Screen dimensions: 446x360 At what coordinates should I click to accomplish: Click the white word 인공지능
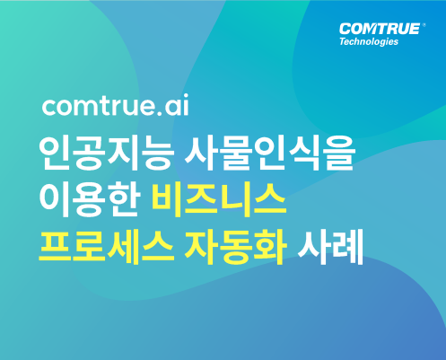click(x=107, y=154)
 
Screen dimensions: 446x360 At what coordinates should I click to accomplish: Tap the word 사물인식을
click(x=270, y=154)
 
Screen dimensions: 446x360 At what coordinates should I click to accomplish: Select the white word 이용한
click(x=90, y=199)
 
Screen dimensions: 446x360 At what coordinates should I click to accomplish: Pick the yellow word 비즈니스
click(x=219, y=199)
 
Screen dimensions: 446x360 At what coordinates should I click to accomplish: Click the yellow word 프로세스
click(x=106, y=246)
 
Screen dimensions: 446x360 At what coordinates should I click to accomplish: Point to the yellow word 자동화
click(x=235, y=246)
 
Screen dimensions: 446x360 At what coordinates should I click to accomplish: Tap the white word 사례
click(x=330, y=246)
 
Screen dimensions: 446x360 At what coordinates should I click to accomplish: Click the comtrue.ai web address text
click(x=116, y=105)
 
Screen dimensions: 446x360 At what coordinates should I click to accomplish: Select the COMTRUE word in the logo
click(x=380, y=29)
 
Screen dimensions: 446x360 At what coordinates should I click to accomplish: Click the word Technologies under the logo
click(x=369, y=41)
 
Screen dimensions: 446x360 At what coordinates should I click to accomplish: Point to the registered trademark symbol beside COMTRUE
click(x=424, y=25)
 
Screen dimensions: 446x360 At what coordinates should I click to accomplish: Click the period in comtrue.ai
click(x=159, y=113)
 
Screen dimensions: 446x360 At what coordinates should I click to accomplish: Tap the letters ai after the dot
click(x=177, y=105)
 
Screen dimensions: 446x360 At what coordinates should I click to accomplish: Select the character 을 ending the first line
click(x=340, y=154)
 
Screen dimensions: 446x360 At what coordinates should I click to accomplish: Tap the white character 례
click(x=347, y=247)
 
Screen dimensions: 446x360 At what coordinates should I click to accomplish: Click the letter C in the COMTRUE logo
click(x=345, y=29)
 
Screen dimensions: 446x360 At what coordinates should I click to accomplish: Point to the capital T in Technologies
click(x=343, y=41)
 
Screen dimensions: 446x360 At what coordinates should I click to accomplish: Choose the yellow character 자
click(x=201, y=246)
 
